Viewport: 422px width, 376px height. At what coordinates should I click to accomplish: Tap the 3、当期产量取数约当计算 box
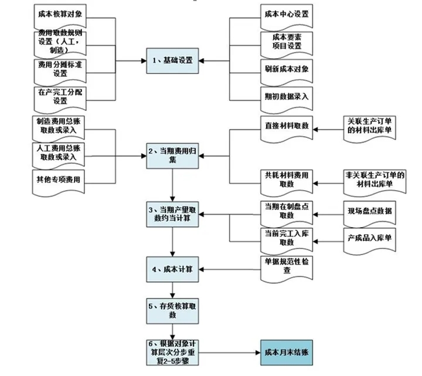point(172,214)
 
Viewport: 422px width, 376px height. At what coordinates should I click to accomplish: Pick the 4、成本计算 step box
point(172,270)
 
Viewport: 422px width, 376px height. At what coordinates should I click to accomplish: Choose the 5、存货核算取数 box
point(172,310)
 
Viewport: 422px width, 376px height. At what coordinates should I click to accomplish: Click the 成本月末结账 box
point(284,353)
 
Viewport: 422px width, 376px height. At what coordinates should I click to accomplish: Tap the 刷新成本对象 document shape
point(286,69)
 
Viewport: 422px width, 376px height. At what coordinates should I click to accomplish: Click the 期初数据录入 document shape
point(286,96)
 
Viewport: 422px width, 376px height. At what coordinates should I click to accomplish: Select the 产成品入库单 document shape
point(369,238)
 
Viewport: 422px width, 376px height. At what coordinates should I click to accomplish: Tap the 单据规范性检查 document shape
point(287,266)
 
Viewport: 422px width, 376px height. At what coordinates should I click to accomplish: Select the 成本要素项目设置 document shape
point(286,41)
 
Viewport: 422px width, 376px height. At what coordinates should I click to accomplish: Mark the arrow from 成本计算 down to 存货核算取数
point(172,290)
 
